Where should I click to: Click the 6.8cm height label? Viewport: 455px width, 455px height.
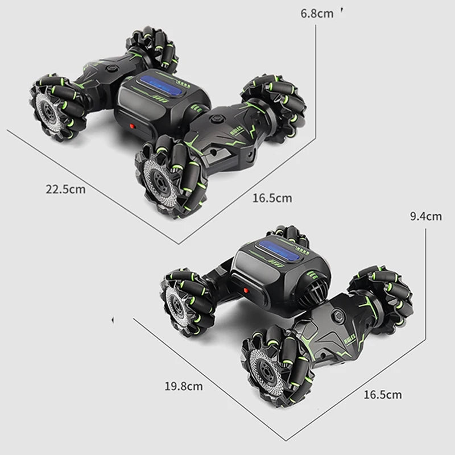[317, 13]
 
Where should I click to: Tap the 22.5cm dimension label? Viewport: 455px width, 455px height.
[66, 189]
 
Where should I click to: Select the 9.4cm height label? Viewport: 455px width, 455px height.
[425, 216]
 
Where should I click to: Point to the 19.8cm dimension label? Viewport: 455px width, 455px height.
[184, 386]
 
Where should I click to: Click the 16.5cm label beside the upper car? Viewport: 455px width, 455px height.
[272, 198]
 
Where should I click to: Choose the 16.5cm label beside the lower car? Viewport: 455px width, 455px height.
[382, 394]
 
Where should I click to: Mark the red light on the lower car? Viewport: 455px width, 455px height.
[247, 291]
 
